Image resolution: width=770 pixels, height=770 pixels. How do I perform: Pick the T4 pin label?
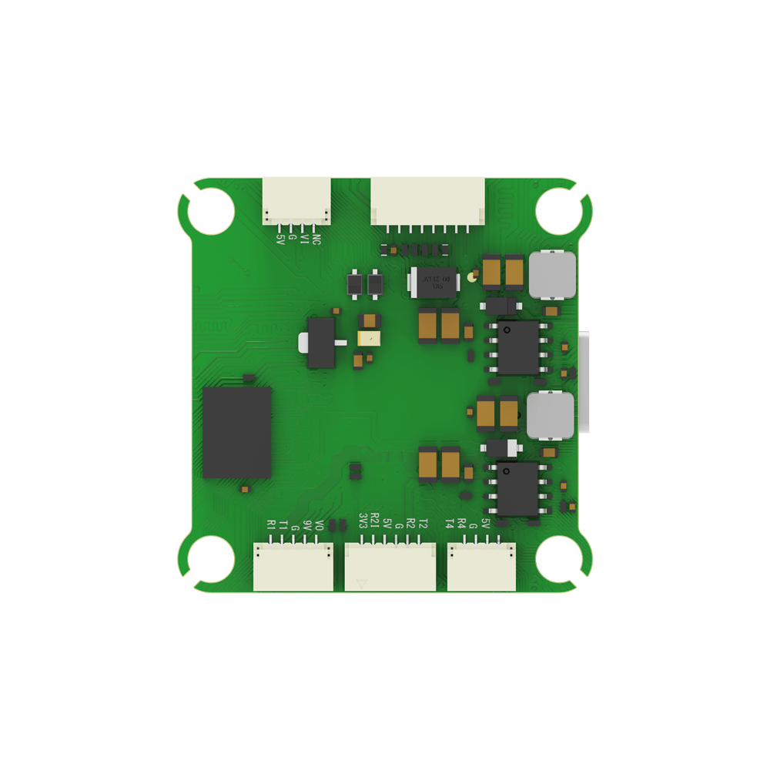(x=450, y=524)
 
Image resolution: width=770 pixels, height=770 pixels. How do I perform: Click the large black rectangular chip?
(x=236, y=432)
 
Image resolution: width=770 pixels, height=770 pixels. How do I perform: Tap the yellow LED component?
(x=369, y=337)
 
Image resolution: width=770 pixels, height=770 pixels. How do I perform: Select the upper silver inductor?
(x=551, y=275)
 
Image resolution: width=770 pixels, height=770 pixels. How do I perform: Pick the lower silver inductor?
(x=550, y=414)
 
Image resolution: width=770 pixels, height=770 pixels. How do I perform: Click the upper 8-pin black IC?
(x=518, y=347)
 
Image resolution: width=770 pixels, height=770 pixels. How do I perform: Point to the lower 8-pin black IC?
(x=517, y=488)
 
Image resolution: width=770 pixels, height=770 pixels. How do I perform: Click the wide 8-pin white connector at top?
(x=428, y=202)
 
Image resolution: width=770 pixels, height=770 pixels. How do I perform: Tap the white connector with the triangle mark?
(x=390, y=567)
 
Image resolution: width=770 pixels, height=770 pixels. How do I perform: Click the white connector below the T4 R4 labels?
(x=481, y=567)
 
